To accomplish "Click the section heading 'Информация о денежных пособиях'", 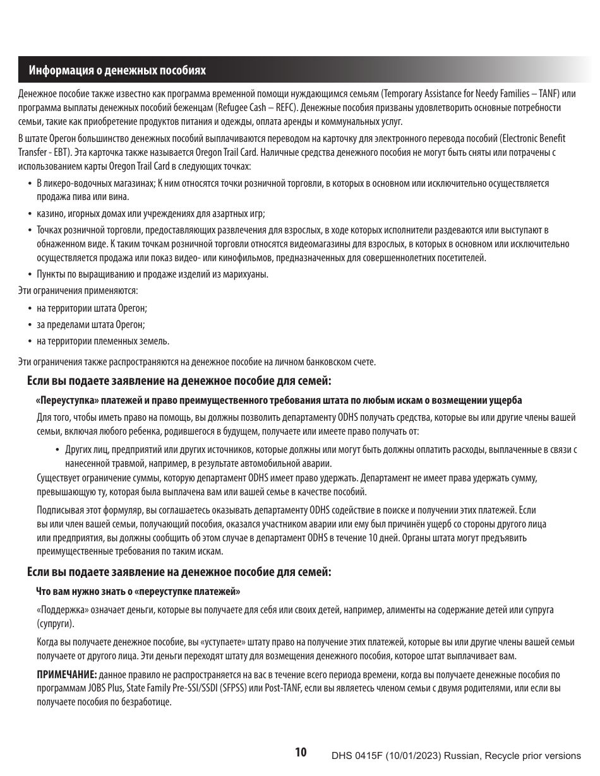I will point(117,71).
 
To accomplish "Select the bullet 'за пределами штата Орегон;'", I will point(91,325).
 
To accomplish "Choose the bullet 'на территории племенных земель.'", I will point(103,341).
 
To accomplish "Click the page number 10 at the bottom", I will point(301,752).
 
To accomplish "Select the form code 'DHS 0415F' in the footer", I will point(354,756).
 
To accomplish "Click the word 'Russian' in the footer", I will point(463,756).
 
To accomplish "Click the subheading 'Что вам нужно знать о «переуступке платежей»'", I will point(138,592).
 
